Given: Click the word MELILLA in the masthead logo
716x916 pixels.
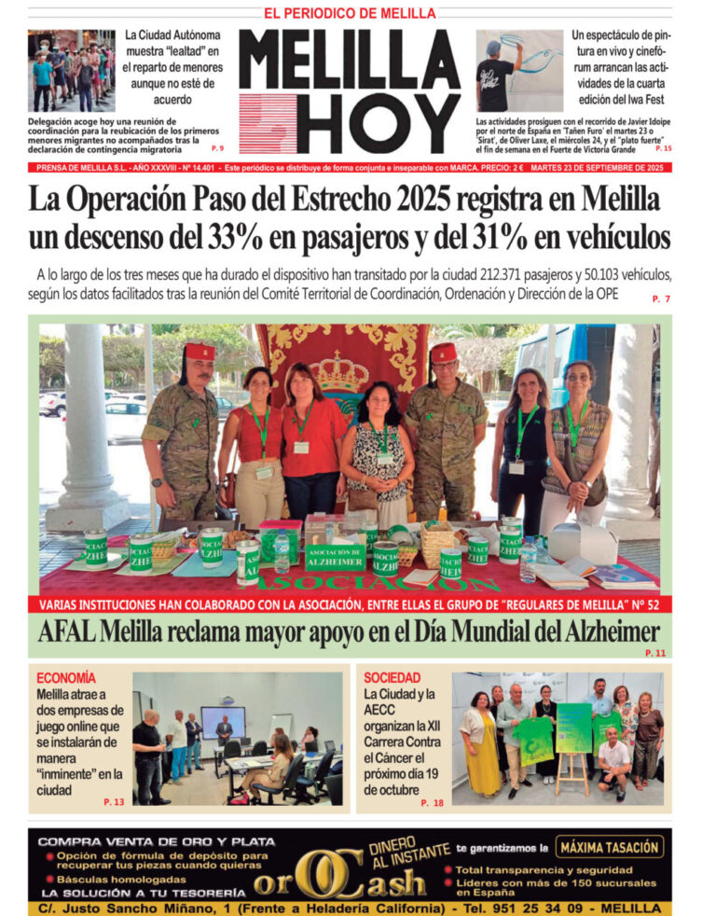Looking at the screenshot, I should (x=350, y=64).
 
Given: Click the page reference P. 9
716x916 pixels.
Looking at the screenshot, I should (x=217, y=149).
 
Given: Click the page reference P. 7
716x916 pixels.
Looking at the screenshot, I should (x=661, y=298).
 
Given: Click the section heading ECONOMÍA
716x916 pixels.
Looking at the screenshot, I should (x=65, y=677).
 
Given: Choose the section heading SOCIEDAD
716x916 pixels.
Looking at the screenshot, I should (x=392, y=677).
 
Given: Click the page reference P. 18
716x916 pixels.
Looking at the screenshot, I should (x=432, y=802).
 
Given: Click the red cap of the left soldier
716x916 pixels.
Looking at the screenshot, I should (x=199, y=351).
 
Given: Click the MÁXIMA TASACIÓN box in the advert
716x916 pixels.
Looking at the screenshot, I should (x=610, y=847).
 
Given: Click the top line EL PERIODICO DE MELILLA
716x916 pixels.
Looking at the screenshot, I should (x=350, y=13).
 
